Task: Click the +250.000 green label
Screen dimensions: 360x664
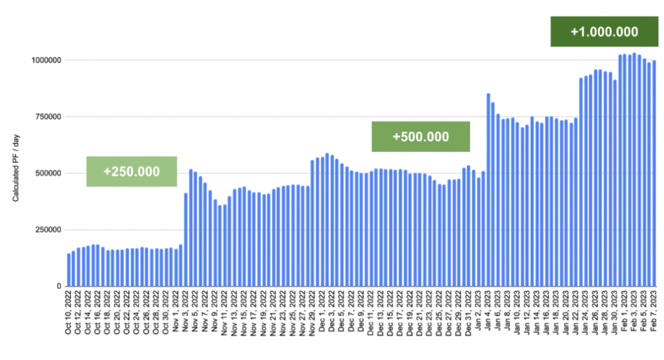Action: pos(132,171)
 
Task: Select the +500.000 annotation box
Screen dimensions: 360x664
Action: pos(420,137)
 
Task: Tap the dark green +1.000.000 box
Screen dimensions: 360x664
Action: pos(604,32)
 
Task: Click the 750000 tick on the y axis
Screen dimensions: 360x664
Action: pos(47,117)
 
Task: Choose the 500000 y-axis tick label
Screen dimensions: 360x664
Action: pos(47,173)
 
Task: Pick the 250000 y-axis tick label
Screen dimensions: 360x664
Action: pos(47,230)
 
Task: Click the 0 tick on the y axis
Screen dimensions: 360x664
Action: pos(59,286)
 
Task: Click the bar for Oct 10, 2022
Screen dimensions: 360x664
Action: pos(69,270)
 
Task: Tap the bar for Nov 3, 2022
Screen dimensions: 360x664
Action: pos(186,239)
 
